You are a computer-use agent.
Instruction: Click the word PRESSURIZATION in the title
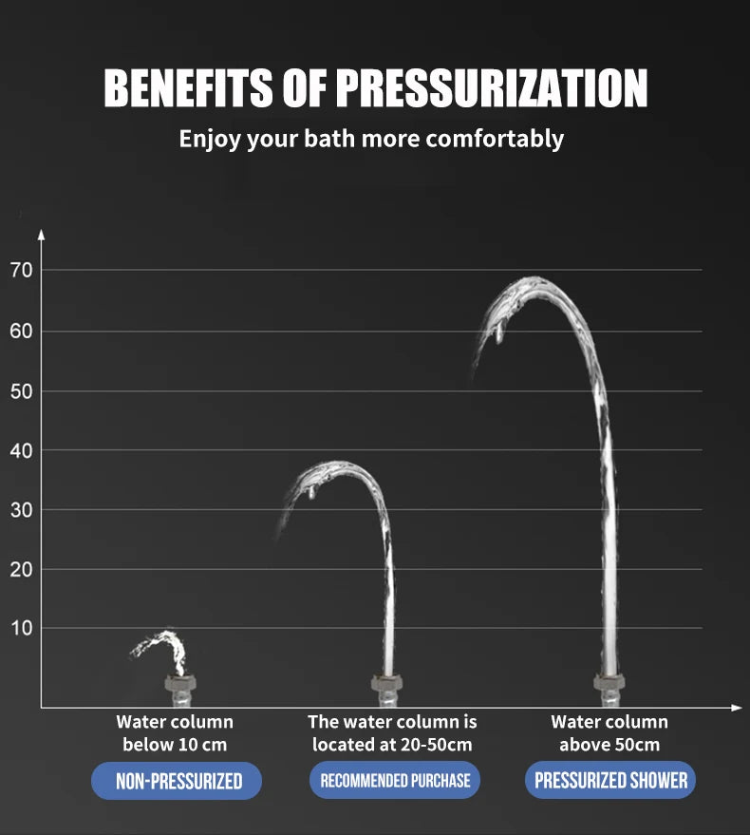(x=492, y=89)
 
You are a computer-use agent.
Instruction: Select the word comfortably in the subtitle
(x=495, y=139)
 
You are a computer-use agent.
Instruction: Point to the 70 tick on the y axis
(x=22, y=271)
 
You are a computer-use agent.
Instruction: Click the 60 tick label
(x=22, y=332)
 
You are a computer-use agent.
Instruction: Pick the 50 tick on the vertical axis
(x=22, y=391)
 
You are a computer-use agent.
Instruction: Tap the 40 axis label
(x=22, y=450)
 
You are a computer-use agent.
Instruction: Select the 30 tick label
(x=22, y=510)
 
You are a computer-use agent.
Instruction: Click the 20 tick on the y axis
(x=22, y=569)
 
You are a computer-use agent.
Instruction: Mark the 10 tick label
(x=22, y=628)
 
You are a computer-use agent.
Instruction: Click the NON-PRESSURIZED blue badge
(x=177, y=781)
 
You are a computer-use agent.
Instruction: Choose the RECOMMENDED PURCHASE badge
(x=395, y=781)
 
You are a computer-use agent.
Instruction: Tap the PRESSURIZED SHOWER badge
(x=610, y=781)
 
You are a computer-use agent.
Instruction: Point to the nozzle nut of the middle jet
(x=386, y=683)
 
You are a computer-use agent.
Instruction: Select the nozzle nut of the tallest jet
(x=609, y=682)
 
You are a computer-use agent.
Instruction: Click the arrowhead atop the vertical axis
(x=41, y=234)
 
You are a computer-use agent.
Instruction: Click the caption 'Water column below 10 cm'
(x=175, y=733)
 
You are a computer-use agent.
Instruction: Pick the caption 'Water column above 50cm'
(x=609, y=733)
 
